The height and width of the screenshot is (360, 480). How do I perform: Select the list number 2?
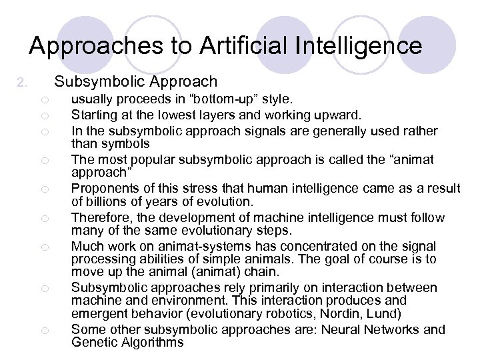point(21,83)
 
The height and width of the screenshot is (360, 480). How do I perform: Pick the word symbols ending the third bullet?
point(120,144)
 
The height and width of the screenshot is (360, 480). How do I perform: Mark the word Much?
point(85,246)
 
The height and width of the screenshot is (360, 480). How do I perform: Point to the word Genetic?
point(94,342)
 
